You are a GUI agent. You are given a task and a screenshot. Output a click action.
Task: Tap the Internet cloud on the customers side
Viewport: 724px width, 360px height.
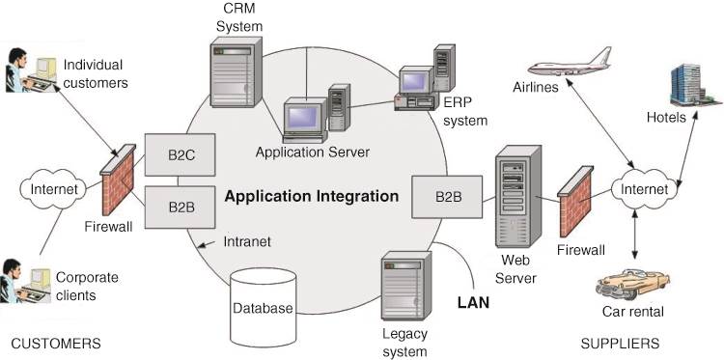54,188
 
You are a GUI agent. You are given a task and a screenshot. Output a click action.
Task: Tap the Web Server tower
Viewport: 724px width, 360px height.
515,203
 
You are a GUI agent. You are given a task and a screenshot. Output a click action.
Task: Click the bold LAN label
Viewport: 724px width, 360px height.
473,301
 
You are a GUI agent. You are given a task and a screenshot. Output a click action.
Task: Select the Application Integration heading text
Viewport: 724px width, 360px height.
311,196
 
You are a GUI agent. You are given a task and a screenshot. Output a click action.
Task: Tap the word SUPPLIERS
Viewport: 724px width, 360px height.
620,344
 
